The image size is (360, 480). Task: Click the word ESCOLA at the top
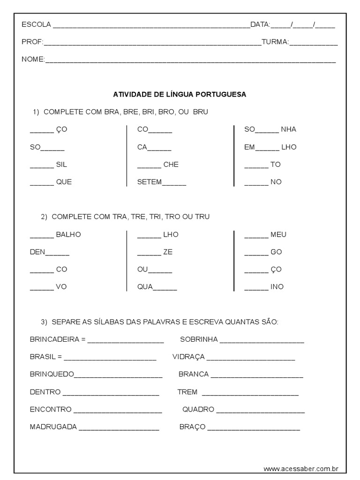coord(37,25)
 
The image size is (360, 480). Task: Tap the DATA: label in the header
coord(260,25)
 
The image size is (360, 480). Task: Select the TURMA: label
coord(275,42)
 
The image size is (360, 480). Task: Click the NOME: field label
coord(33,60)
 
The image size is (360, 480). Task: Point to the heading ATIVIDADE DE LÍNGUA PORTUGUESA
coord(180,94)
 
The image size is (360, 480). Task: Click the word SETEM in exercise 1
coord(150,182)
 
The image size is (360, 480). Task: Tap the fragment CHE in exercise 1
coord(171,165)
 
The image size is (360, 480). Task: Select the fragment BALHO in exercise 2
coord(68,234)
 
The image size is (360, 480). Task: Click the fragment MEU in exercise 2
coord(278,234)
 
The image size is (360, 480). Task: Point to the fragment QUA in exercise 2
coord(145,286)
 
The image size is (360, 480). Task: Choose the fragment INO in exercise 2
coord(277,286)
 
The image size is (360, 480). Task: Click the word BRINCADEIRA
coord(54,339)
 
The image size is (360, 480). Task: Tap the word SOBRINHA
coord(199,339)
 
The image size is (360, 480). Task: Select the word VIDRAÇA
coord(188,357)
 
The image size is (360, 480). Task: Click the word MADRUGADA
coord(53,427)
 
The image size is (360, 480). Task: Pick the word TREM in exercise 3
coord(187,392)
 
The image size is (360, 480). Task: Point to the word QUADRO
coord(198,409)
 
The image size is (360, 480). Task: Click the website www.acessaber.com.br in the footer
coord(301,468)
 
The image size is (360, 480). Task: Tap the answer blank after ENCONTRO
coord(118,410)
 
